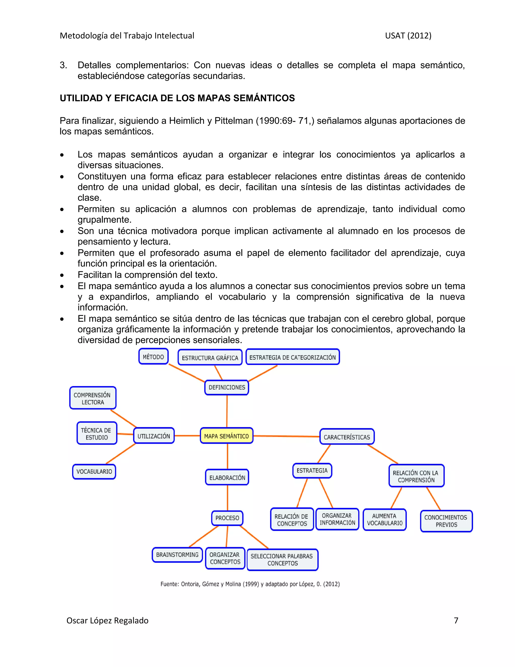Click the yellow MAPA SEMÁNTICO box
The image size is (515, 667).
[226, 436]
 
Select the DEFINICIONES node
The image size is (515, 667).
[227, 387]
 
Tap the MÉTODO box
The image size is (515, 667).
[153, 357]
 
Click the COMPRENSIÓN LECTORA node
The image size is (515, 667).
[93, 398]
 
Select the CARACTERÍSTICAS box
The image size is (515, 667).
[347, 437]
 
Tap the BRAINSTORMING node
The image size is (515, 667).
[177, 554]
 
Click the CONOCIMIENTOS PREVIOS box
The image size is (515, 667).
[446, 521]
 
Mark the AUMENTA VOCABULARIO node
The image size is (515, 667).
[384, 519]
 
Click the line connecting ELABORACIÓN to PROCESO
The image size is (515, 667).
[227, 498]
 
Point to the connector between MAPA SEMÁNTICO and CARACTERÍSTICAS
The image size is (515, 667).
[286, 436]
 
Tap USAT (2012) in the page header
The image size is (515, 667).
[408, 36]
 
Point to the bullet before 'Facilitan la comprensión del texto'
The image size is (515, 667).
[62, 275]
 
